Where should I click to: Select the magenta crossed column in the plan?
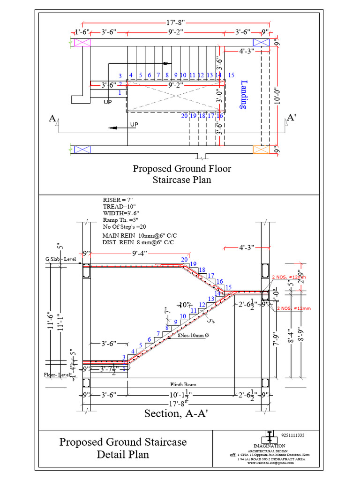[x=82, y=42]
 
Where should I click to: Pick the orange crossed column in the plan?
[x=261, y=149]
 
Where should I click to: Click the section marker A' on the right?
[x=291, y=118]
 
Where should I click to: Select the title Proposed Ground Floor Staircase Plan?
[x=181, y=174]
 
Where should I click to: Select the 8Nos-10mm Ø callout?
[x=194, y=335]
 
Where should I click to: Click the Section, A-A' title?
[x=176, y=413]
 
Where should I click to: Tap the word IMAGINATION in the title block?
[x=269, y=445]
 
